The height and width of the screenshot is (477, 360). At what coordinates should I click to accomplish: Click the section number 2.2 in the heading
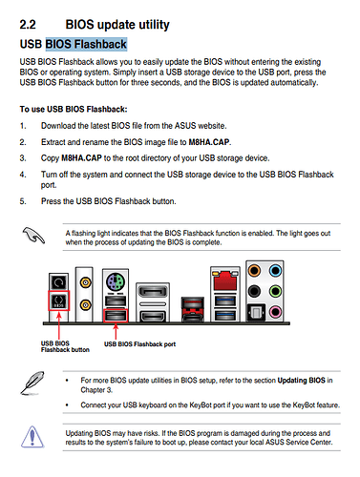[x=28, y=25]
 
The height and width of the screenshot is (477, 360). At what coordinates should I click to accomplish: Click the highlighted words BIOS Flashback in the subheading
[x=86, y=44]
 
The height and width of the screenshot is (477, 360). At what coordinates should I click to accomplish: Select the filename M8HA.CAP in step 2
[x=209, y=142]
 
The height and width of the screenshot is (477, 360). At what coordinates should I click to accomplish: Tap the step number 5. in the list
[x=23, y=201]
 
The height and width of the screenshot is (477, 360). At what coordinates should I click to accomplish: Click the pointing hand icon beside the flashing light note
[x=33, y=236]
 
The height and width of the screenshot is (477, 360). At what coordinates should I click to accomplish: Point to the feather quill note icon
[x=32, y=383]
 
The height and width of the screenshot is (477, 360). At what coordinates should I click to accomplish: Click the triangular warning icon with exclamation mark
[x=32, y=436]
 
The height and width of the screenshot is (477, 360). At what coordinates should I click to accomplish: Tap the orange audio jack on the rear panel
[x=254, y=271]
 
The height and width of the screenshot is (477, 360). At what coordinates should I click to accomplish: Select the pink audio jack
[x=275, y=312]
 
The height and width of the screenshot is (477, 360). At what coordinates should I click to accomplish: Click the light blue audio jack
[x=275, y=271]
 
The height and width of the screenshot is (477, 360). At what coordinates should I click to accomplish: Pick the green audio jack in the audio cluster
[x=275, y=291]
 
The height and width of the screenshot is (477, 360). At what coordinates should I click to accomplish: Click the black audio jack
[x=254, y=291]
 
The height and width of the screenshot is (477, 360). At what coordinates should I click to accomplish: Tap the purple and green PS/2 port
[x=116, y=282]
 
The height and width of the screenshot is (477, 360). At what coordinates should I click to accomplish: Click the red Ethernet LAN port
[x=225, y=280]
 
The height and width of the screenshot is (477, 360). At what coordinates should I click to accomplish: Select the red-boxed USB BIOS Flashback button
[x=59, y=301]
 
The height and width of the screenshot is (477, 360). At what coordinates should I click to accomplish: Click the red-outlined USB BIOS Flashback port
[x=116, y=316]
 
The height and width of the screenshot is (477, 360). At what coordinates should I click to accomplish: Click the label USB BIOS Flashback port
[x=139, y=344]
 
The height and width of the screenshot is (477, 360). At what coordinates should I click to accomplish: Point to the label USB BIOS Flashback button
[x=65, y=346]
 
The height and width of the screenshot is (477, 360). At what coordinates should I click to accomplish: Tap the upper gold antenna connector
[x=85, y=282]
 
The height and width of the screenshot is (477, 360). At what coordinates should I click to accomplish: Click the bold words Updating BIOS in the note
[x=302, y=381]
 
